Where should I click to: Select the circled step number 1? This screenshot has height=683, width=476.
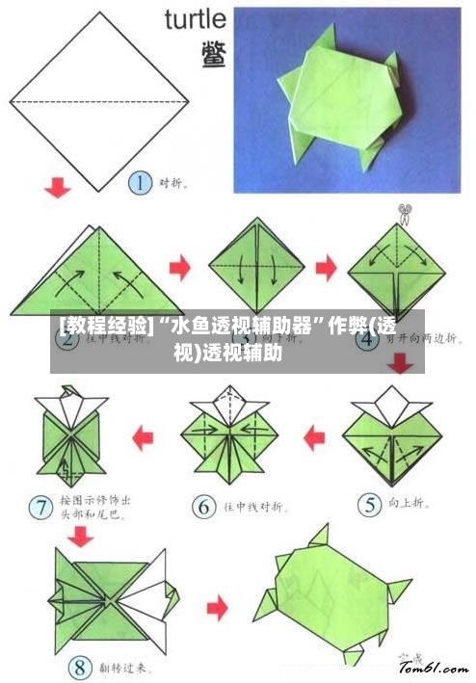pos(141,182)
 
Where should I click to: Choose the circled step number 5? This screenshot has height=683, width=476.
pos(369,502)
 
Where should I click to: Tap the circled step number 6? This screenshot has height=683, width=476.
pos(203,505)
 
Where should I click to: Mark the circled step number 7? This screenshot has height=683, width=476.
pos(41,504)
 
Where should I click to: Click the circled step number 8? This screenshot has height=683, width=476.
pos(80,667)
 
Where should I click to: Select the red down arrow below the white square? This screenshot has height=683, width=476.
pos(59,186)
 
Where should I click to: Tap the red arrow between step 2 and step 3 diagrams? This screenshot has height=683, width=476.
pos(180,264)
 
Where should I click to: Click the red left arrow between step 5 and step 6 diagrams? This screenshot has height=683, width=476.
pos(314,439)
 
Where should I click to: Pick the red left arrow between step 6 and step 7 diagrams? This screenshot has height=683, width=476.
pos(143,439)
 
